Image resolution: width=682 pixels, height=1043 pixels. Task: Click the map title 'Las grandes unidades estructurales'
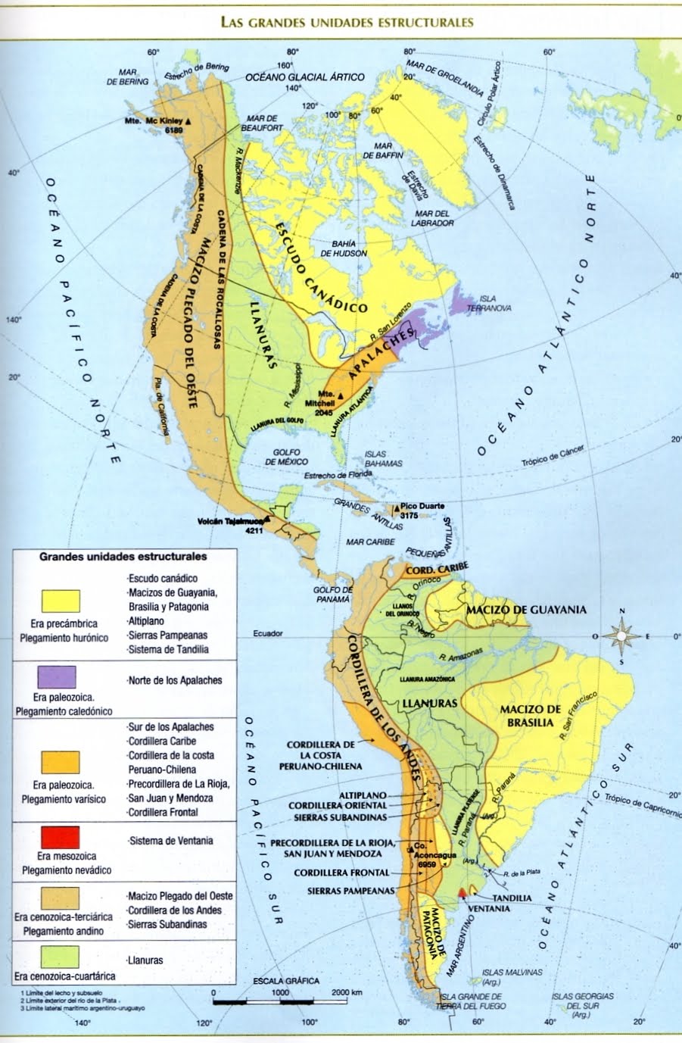click(x=347, y=22)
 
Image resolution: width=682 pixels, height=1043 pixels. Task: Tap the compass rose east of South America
click(x=622, y=635)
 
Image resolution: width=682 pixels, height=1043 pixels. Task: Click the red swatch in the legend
click(x=61, y=837)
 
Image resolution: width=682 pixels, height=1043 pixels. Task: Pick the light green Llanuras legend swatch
click(x=60, y=958)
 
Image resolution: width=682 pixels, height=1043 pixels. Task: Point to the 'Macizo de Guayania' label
click(x=526, y=610)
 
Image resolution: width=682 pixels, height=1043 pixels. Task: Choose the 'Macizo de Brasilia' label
click(x=531, y=715)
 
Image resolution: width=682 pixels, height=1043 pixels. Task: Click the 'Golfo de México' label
click(x=287, y=457)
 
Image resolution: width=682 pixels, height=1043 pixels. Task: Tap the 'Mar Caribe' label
click(x=370, y=542)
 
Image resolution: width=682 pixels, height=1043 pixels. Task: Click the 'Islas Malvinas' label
click(x=514, y=976)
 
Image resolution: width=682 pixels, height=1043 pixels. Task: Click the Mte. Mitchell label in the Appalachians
click(x=326, y=398)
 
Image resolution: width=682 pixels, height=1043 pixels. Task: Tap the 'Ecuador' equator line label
click(x=268, y=633)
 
